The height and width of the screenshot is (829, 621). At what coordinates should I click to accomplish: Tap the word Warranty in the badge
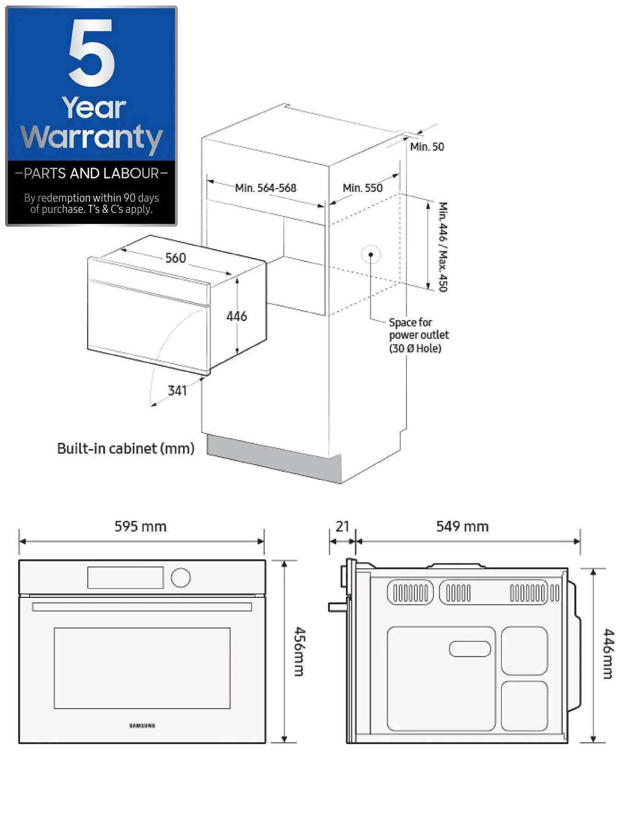pyautogui.click(x=92, y=137)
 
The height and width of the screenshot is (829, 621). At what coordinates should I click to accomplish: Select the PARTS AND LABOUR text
pyautogui.click(x=92, y=173)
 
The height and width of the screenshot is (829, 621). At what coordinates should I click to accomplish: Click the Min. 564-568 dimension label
pyautogui.click(x=265, y=188)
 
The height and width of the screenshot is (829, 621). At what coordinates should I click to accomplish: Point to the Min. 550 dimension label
pyautogui.click(x=362, y=188)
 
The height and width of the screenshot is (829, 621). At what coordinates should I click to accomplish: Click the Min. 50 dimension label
pyautogui.click(x=427, y=147)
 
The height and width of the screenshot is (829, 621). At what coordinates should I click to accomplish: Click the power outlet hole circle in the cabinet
pyautogui.click(x=371, y=254)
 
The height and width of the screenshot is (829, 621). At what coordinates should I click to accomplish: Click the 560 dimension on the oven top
pyautogui.click(x=176, y=258)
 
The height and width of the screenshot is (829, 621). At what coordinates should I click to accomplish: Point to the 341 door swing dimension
pyautogui.click(x=177, y=391)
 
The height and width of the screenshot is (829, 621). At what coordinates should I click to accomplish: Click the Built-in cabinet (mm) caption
pyautogui.click(x=126, y=448)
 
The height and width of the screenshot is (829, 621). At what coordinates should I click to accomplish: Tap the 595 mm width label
pyautogui.click(x=140, y=526)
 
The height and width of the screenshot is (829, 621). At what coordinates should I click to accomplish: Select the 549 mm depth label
pyautogui.click(x=462, y=526)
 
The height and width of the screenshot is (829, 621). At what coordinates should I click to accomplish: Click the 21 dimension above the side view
pyautogui.click(x=342, y=526)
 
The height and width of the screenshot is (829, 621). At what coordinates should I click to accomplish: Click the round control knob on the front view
pyautogui.click(x=180, y=578)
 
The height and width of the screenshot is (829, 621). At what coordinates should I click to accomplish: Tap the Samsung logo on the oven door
pyautogui.click(x=142, y=726)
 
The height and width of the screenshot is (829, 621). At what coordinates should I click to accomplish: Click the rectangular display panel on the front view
pyautogui.click(x=125, y=578)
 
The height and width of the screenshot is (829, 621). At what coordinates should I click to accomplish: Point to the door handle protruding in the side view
pyautogui.click(x=337, y=607)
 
